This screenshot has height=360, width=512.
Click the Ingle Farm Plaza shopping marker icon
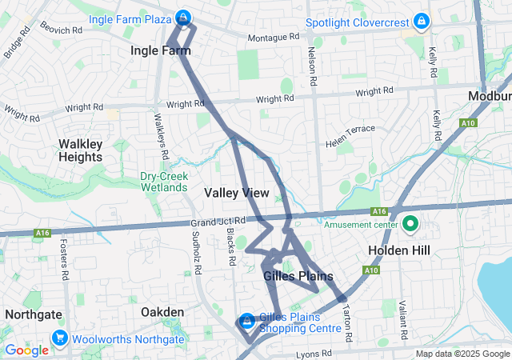(x=184, y=17)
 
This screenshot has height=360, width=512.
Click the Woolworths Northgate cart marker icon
(x=59, y=338)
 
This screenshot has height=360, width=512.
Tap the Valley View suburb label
(x=237, y=193)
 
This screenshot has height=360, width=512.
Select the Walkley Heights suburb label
(x=80, y=150)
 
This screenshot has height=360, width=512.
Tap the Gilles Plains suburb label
(x=298, y=276)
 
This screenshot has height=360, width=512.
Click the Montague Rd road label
(x=273, y=37)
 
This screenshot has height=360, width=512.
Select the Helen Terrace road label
(x=350, y=135)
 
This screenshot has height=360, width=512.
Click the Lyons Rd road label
(x=313, y=353)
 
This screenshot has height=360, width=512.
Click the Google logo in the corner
(x=27, y=350)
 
